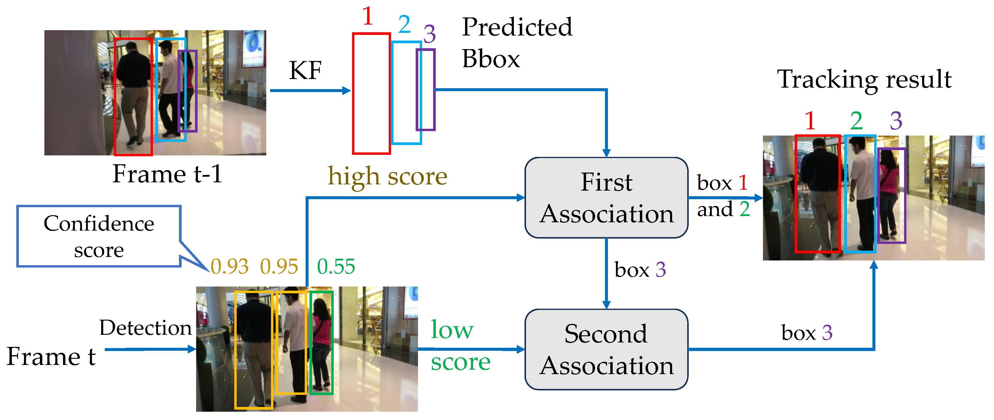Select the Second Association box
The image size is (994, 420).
606,349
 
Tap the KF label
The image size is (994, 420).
305,71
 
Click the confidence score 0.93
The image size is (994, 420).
230,266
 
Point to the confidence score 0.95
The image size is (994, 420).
279,266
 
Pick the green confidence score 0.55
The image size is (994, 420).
336,266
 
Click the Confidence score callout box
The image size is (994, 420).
99,236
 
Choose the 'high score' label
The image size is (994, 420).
388,176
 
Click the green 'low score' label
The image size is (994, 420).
459,345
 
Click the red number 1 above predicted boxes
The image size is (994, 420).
368,16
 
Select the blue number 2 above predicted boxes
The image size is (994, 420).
404,25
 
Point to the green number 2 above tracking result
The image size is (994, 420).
856,121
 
